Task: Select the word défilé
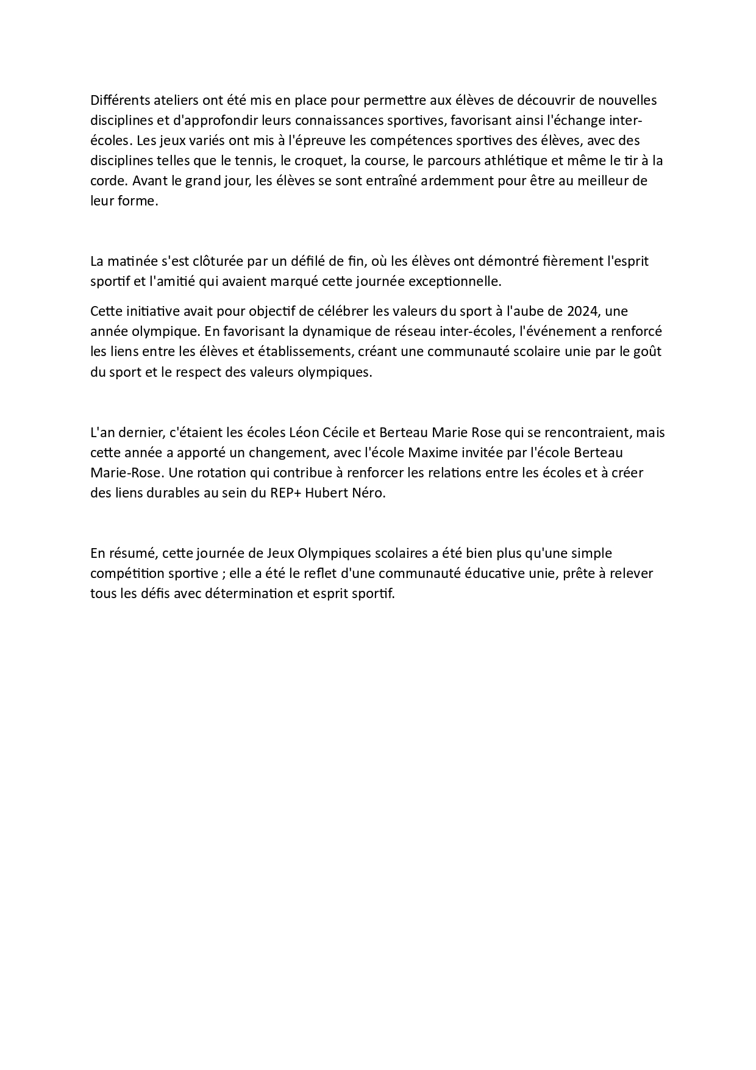(x=312, y=261)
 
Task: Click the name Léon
(x=306, y=433)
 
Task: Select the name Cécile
(x=344, y=433)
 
